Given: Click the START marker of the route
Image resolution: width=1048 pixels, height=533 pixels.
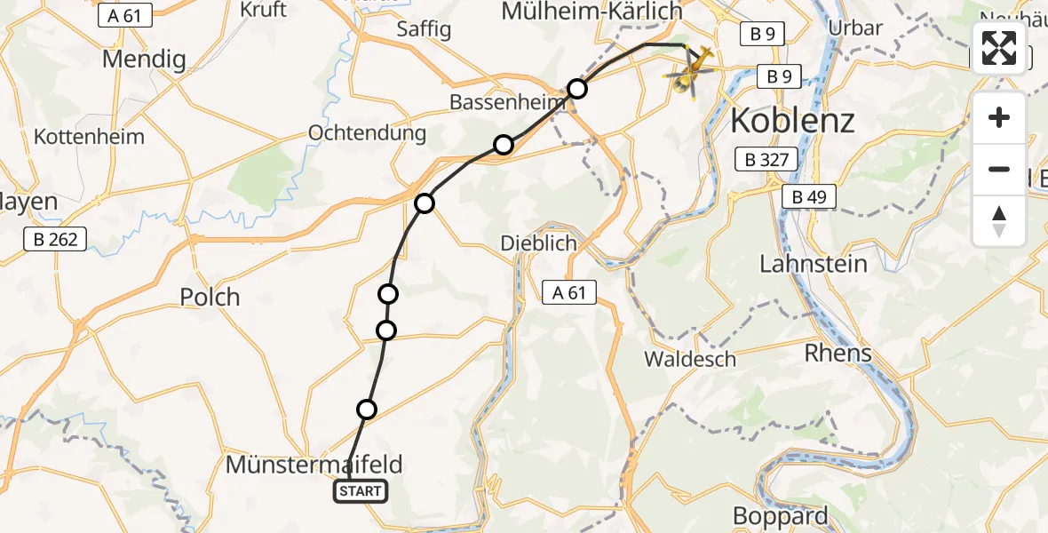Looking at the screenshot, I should [360, 491].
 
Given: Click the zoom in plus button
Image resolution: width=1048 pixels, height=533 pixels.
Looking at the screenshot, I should [999, 118].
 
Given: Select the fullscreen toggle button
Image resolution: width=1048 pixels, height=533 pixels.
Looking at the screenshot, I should [999, 48].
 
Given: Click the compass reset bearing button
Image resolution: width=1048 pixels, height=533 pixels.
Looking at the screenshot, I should [999, 221].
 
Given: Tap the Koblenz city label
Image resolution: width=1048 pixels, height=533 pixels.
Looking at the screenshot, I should [792, 120].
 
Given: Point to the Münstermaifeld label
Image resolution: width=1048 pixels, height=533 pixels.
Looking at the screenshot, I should [314, 464].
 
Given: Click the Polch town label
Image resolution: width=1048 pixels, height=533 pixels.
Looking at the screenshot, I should [210, 297].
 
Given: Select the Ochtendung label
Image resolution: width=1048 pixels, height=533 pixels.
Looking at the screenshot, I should [367, 133].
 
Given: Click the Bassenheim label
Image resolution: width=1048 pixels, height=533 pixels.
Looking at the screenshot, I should [507, 102].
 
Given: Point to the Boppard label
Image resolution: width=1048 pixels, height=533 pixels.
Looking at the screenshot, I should [781, 515].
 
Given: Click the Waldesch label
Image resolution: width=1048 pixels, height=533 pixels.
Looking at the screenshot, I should [690, 359].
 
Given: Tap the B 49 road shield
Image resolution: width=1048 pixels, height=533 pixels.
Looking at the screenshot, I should [809, 197].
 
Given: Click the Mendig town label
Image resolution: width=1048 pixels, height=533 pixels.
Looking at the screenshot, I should [144, 60].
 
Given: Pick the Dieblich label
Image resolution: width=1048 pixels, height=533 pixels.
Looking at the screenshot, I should [538, 243].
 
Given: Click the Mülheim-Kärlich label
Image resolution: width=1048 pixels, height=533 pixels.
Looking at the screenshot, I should [591, 12].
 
